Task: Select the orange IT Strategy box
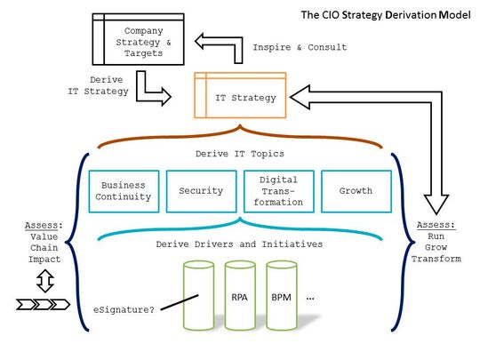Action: (241, 95)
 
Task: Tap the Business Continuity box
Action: (124, 191)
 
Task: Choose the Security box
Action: (200, 191)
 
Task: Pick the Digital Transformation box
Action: (277, 191)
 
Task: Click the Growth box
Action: (355, 191)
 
